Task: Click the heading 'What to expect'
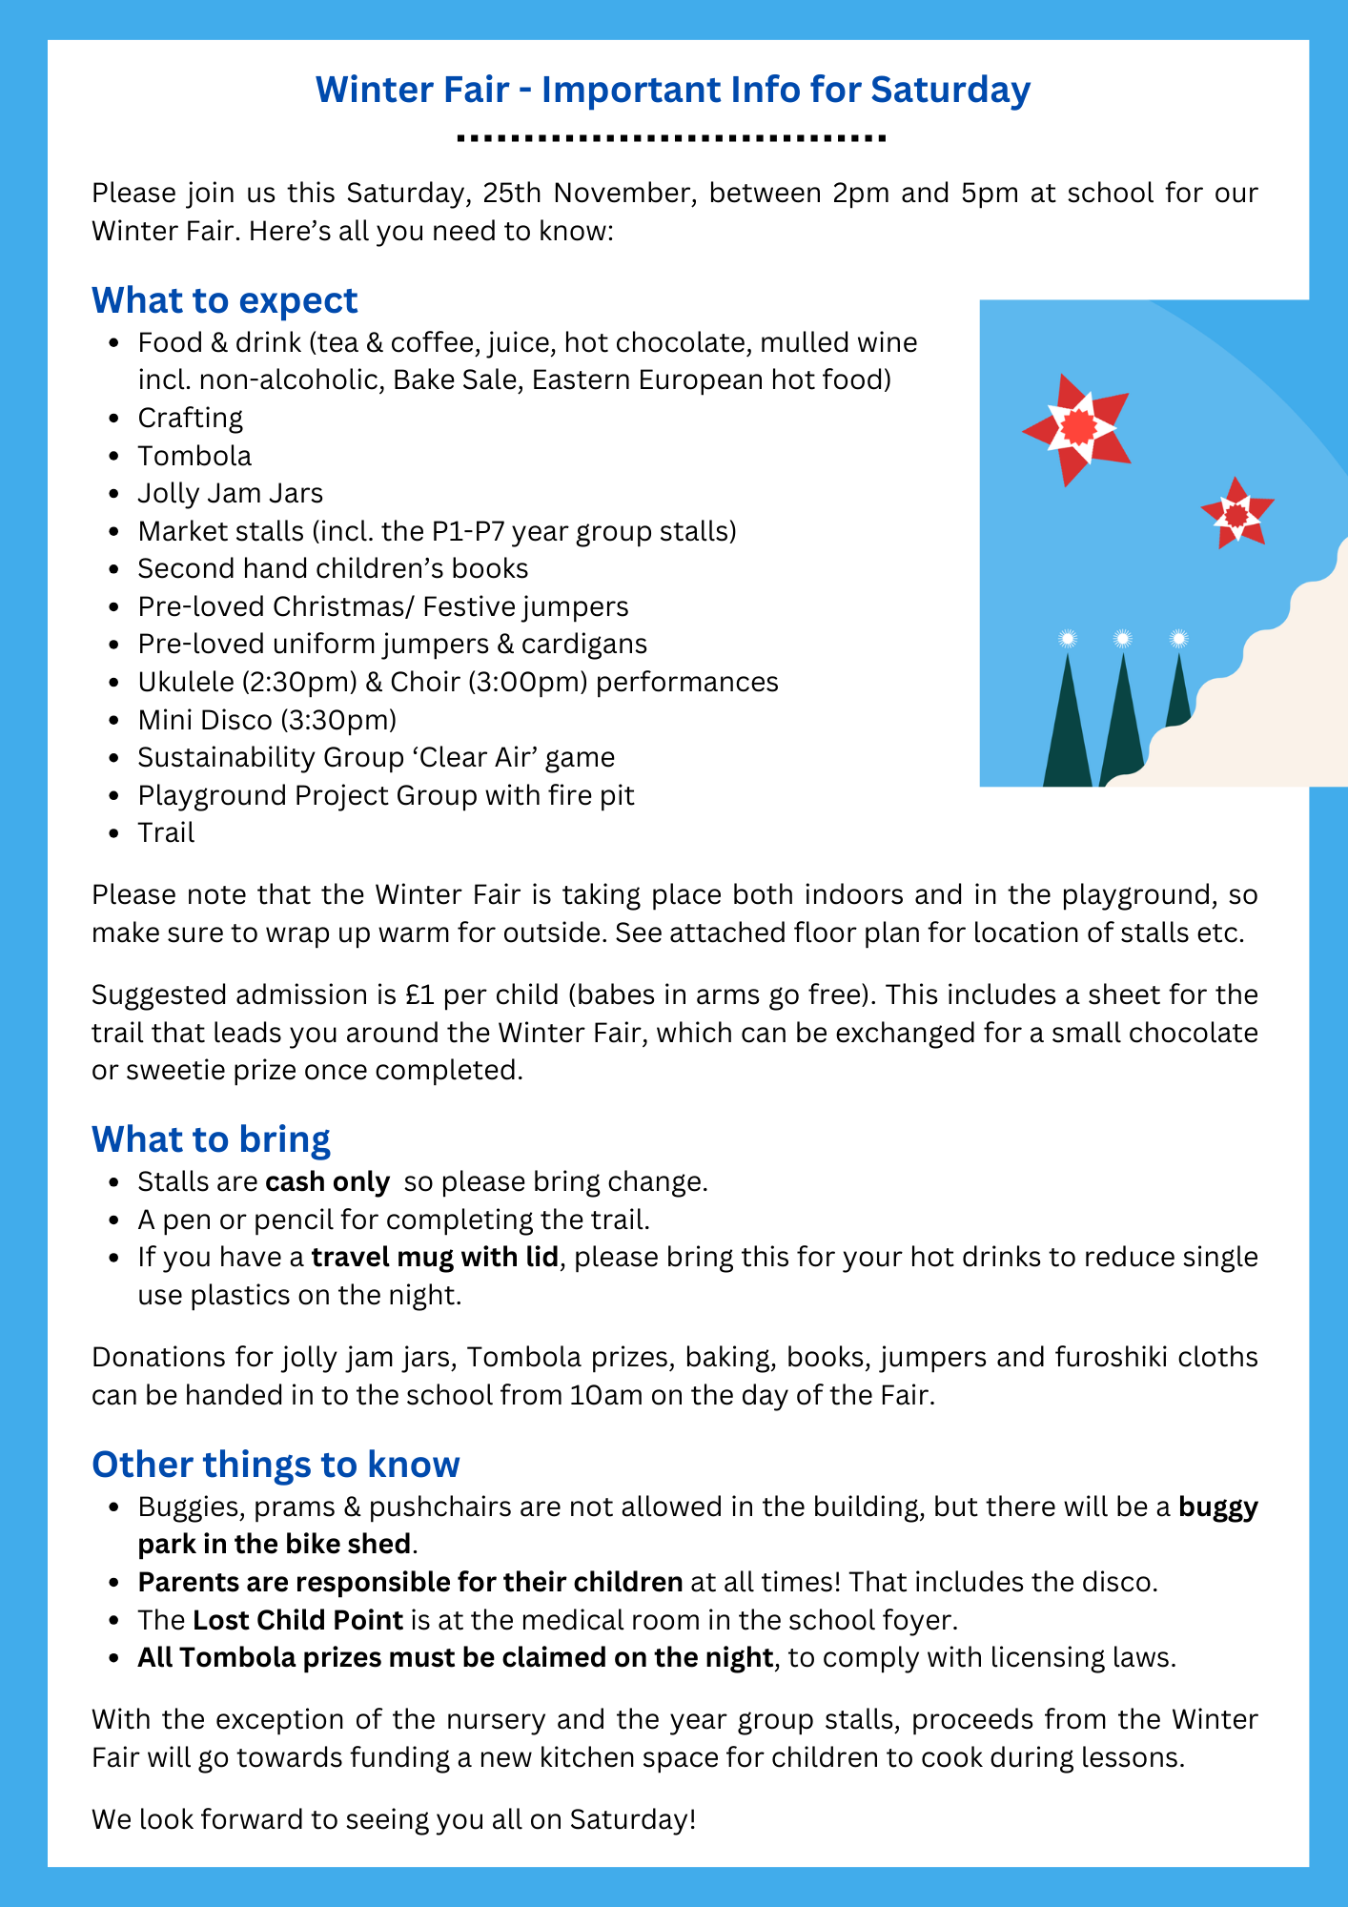(x=224, y=300)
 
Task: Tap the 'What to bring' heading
(x=211, y=1139)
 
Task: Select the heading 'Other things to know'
(x=276, y=1465)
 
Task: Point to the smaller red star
(x=1236, y=514)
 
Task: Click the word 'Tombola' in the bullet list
(x=194, y=456)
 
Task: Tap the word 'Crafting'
(x=190, y=418)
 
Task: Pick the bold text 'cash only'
(x=327, y=1182)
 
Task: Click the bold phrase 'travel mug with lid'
(x=435, y=1257)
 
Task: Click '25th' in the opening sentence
(x=511, y=194)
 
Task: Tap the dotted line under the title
(x=672, y=139)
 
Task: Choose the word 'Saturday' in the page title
(x=950, y=90)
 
